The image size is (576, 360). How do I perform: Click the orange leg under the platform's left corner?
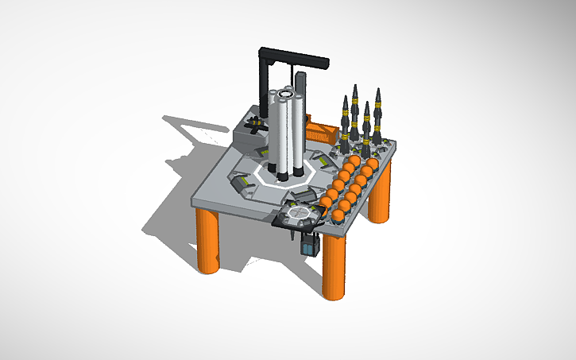(209, 242)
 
